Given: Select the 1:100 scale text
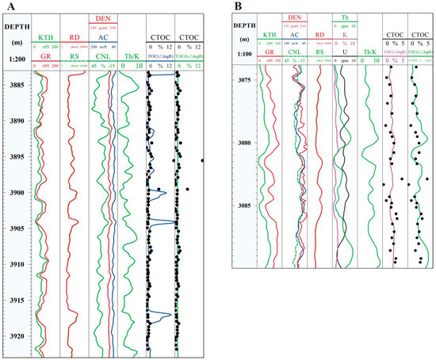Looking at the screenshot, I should point(244,53).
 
